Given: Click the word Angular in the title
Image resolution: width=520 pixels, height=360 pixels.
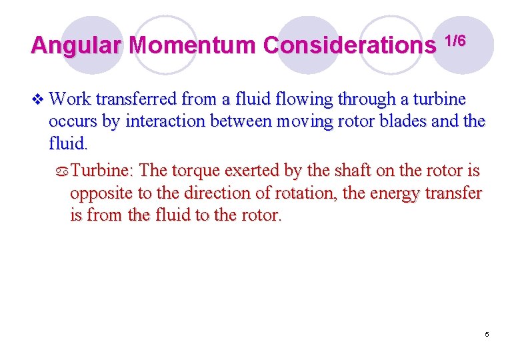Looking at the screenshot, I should click(x=76, y=45).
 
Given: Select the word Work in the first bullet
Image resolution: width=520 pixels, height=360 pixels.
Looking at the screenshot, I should click(x=70, y=99).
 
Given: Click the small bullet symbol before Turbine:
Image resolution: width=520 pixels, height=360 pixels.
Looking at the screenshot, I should click(x=63, y=171).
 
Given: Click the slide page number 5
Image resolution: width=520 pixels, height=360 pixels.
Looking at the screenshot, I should click(x=487, y=333).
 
